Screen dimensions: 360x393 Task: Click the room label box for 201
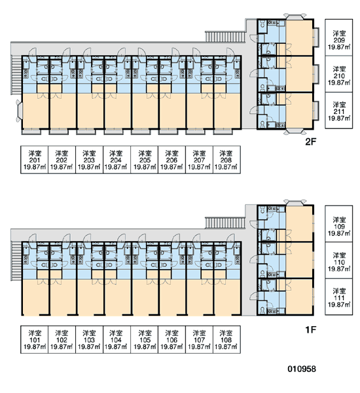coord(34,160)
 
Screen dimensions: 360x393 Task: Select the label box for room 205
coord(145,160)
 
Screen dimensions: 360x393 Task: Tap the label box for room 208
coord(226,160)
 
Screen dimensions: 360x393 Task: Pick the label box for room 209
coord(338,37)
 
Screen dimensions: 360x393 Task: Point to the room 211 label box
coord(338,111)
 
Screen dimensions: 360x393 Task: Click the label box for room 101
coord(34,339)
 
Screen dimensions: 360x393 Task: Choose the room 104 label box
coord(117,339)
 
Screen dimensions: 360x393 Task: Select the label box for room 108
coord(226,339)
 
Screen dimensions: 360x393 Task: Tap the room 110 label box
coord(338,260)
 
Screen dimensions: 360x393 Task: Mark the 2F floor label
coord(311,142)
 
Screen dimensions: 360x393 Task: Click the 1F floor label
coord(311,329)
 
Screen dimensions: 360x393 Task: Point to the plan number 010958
coord(302,369)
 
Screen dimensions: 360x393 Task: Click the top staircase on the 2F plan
coord(225,37)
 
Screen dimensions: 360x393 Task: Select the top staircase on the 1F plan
coord(225,223)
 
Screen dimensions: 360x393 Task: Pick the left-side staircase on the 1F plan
coord(16,261)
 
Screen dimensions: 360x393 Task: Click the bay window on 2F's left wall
coord(19,111)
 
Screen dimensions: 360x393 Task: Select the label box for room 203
coord(89,160)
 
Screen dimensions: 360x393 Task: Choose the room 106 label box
coord(172,339)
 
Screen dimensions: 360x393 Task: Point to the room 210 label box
coord(338,74)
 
